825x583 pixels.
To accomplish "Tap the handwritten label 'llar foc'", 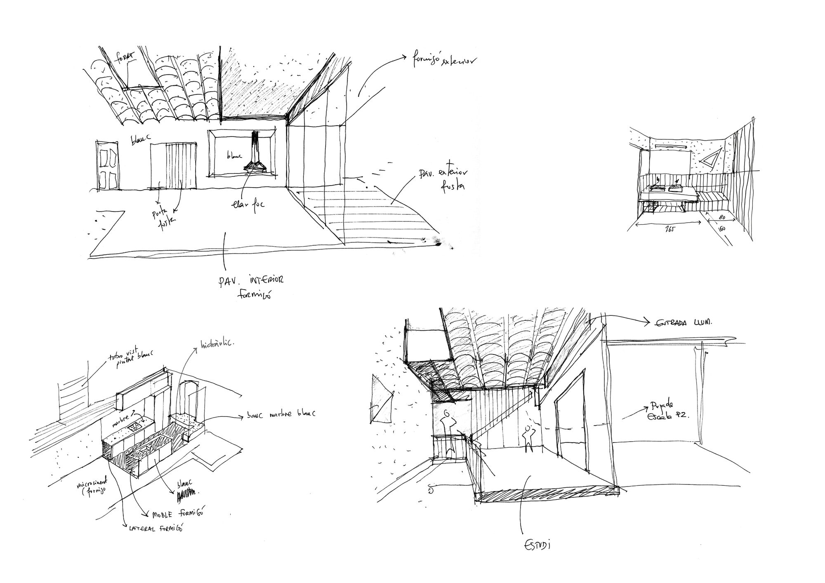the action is tap(247, 204).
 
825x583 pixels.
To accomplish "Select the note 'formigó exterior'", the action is tap(445, 61).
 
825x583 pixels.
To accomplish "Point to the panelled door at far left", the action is tap(108, 166).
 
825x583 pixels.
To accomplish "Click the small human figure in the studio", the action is tap(528, 438).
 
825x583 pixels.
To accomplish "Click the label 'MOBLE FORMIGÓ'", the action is tap(178, 514).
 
